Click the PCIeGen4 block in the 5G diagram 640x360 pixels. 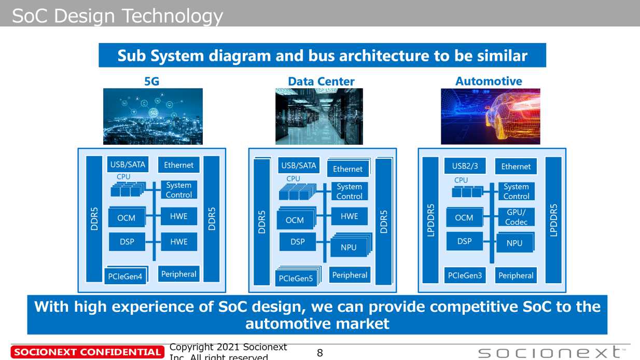[126, 275]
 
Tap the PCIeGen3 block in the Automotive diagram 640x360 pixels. [465, 275]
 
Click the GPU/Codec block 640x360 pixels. [516, 217]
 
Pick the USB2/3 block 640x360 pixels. [465, 166]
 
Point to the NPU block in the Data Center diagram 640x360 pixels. [351, 245]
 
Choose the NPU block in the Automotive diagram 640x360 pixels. [515, 243]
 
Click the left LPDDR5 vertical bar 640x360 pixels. [430, 220]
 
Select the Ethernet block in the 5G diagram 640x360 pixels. [179, 165]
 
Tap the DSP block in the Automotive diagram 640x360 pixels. [465, 241]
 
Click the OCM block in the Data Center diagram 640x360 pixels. [296, 218]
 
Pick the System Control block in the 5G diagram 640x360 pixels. [179, 190]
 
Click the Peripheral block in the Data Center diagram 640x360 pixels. [350, 275]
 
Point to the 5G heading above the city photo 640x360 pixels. [152, 81]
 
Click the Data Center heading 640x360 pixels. [321, 81]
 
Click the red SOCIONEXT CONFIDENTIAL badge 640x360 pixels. [88, 352]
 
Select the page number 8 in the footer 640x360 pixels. [320, 353]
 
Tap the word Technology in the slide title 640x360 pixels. [173, 16]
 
